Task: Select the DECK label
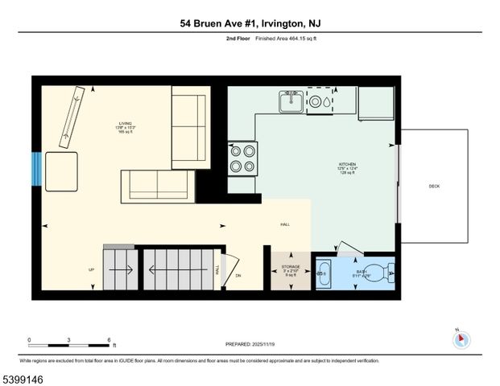click(434, 187)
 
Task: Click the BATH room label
click(362, 273)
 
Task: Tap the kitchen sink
click(291, 102)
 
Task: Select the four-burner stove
click(242, 158)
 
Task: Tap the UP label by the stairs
click(91, 270)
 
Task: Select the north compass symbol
click(461, 339)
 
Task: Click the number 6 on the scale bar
click(109, 339)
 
